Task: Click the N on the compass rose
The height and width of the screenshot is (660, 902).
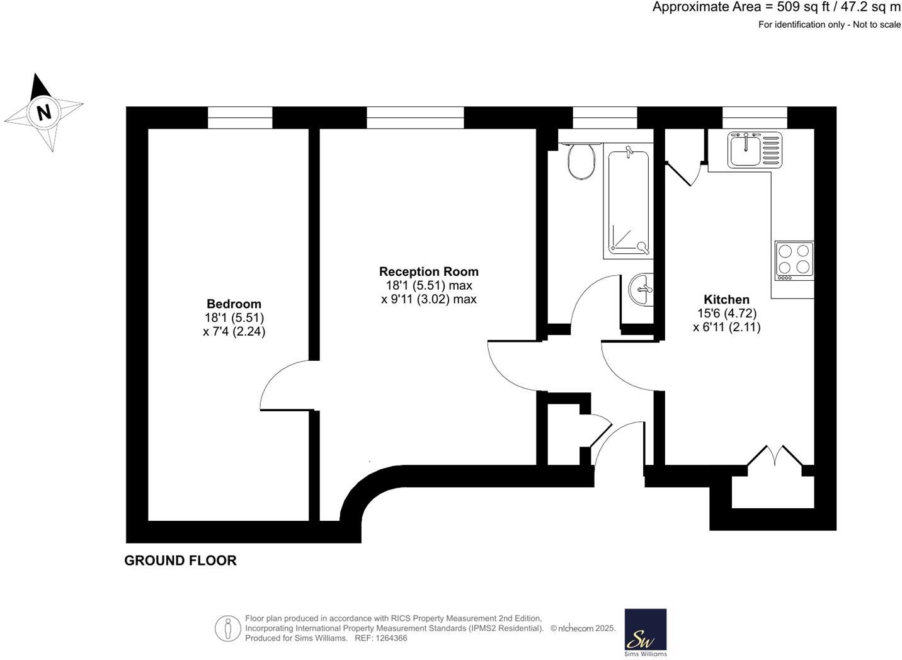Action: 43,113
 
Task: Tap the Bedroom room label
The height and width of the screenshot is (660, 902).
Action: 234,304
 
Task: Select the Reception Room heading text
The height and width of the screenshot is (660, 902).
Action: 428,271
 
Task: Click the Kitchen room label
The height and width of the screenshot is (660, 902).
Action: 726,299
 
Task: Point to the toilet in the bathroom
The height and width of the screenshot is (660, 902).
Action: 581,161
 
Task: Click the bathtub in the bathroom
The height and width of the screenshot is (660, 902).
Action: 626,200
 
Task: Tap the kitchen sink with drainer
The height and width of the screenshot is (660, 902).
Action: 755,150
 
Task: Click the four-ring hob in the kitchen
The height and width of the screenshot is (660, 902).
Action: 794,261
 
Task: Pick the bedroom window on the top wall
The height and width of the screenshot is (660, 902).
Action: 240,118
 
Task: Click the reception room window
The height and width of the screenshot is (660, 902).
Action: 415,118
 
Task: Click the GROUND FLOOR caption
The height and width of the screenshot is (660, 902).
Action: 180,560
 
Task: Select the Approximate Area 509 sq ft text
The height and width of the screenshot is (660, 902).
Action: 776,8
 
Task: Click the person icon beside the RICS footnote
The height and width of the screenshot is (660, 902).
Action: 227,629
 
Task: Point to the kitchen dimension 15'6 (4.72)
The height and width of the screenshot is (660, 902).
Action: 726,313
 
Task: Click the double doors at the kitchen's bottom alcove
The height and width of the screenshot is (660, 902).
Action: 774,456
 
